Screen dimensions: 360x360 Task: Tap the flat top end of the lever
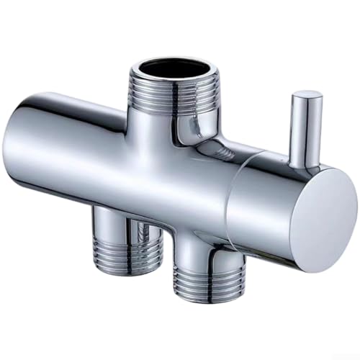(x=307, y=95)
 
